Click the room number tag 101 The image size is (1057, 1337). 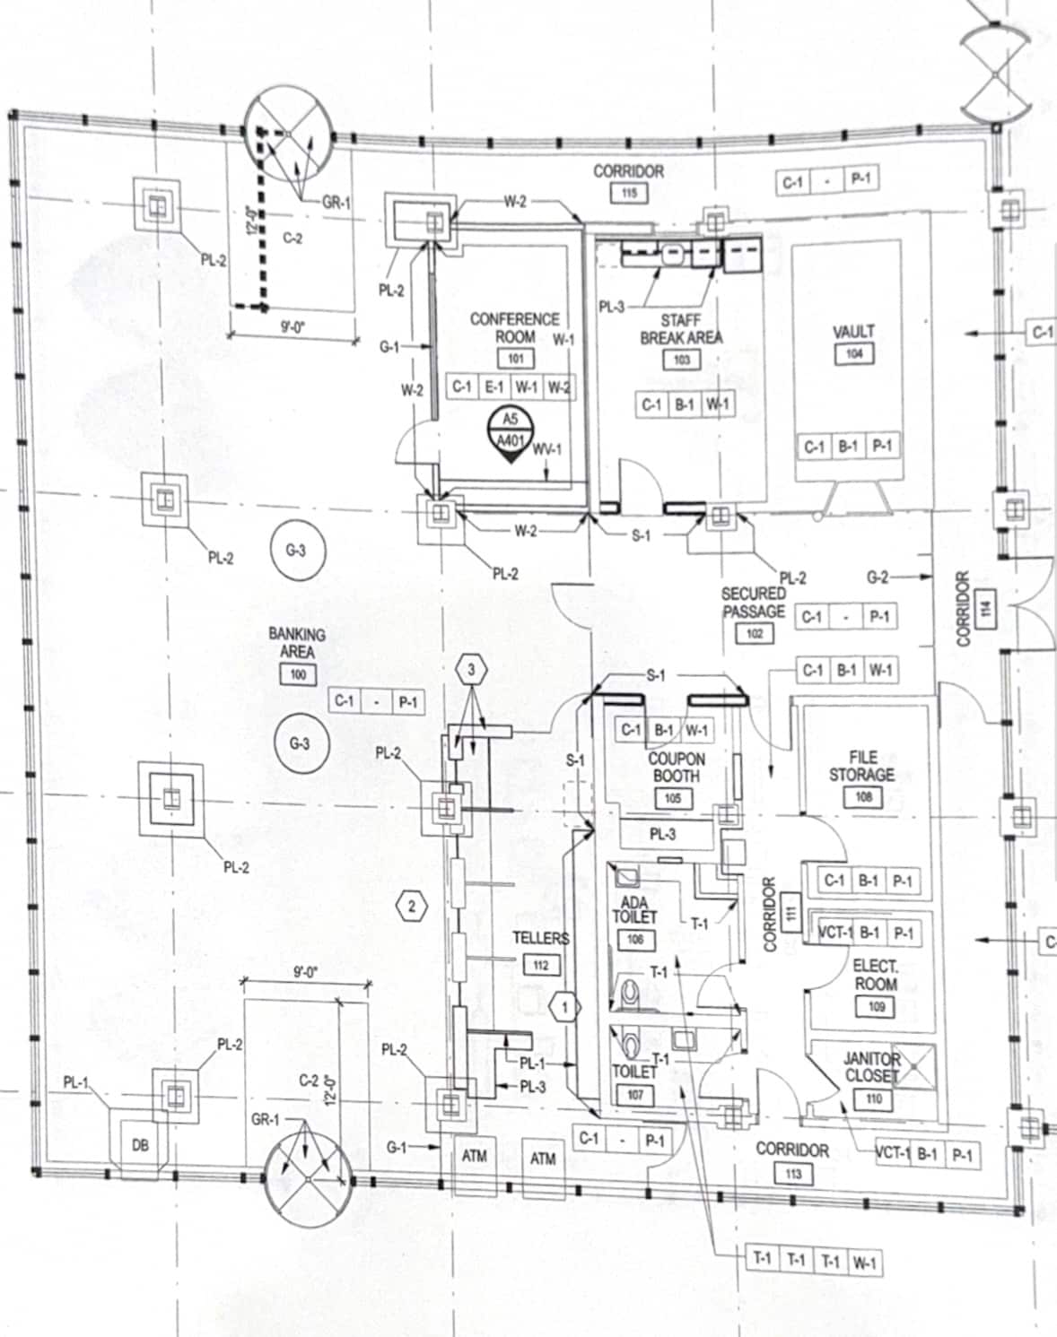[x=515, y=359]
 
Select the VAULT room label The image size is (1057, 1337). [x=853, y=332]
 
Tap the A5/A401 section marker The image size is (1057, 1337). [x=510, y=431]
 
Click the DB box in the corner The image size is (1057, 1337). [x=140, y=1145]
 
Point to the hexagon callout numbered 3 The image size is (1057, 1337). [x=471, y=670]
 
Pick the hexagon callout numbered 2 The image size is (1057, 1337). [x=412, y=906]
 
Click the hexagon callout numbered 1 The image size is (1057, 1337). [x=565, y=1007]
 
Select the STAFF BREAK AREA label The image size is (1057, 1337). [x=681, y=329]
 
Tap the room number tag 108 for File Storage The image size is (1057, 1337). [x=863, y=796]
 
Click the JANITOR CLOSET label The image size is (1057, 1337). [x=870, y=1067]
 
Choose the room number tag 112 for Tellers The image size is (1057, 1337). [x=540, y=965]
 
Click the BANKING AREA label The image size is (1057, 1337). [x=297, y=642]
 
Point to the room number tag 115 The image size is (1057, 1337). [x=628, y=192]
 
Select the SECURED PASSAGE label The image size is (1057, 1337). [x=754, y=603]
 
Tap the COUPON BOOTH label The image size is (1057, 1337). [x=677, y=767]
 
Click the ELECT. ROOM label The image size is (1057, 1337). [x=875, y=975]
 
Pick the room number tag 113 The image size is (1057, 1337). [x=792, y=1173]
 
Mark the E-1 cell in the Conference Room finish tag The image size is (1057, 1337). [x=494, y=386]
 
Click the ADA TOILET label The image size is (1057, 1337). [x=634, y=910]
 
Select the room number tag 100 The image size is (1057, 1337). [x=297, y=674]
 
